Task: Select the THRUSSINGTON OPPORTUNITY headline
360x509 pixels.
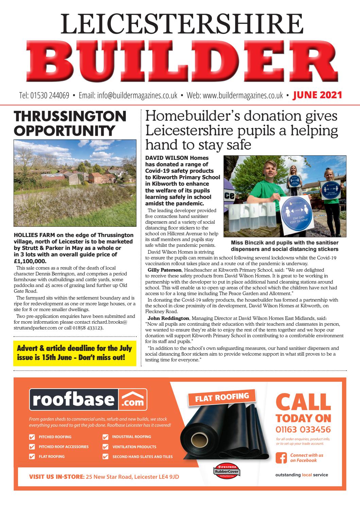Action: pyautogui.click(x=70, y=123)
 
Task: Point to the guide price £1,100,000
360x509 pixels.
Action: pyautogui.click(x=30, y=261)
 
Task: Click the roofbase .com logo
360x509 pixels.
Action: pyautogui.click(x=89, y=400)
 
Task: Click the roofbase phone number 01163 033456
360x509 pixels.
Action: pyautogui.click(x=303, y=429)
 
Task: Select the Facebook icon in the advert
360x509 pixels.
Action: pyautogui.click(x=281, y=457)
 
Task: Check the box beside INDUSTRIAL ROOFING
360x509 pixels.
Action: pyautogui.click(x=105, y=437)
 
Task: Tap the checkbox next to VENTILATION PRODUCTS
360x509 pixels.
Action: pyautogui.click(x=105, y=447)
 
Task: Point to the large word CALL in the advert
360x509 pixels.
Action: pyautogui.click(x=303, y=403)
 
